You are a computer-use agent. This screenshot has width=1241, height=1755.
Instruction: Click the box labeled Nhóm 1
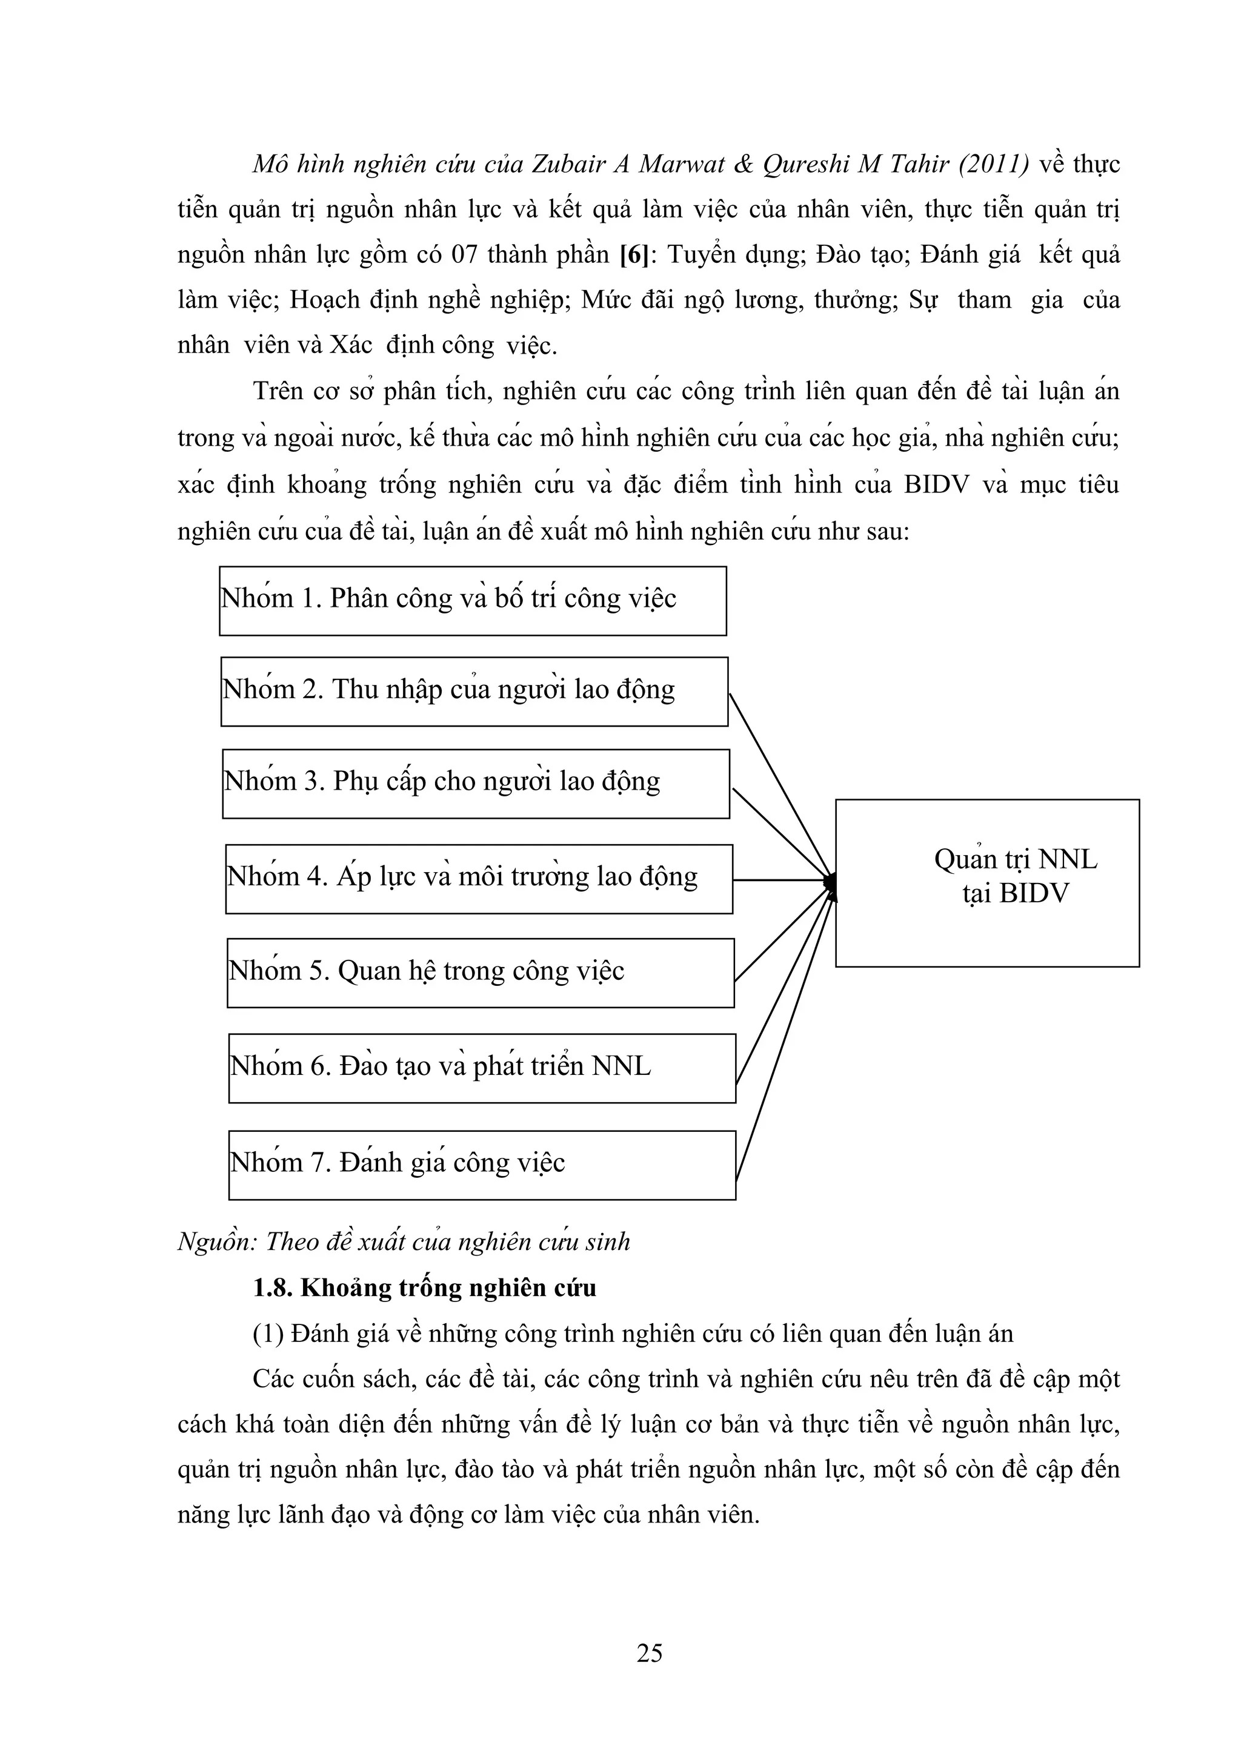473,601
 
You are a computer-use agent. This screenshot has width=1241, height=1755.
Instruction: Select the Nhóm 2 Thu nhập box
474,691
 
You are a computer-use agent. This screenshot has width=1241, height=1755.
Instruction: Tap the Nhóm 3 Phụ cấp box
476,784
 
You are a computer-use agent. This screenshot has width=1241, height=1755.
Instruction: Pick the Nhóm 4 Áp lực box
479,879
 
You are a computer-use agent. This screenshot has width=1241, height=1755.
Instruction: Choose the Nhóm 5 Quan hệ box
480,973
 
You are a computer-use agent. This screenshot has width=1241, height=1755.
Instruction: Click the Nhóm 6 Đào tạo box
482,1068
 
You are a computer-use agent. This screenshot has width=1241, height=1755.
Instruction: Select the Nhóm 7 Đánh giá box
482,1165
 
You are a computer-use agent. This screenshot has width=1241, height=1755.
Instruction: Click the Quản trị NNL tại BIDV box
986,883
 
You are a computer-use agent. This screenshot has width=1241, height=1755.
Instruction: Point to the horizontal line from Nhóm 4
780,880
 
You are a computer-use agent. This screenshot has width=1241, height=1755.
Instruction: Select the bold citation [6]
633,254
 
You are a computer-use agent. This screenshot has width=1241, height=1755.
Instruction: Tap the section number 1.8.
272,1289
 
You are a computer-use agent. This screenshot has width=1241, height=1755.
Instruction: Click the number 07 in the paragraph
464,254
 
